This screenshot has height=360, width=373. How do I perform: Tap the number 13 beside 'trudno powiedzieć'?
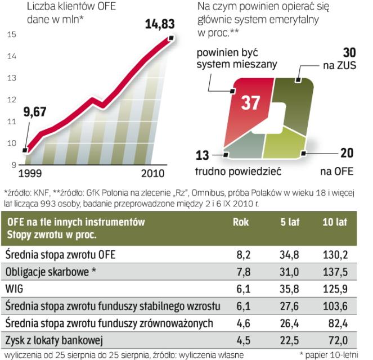click(204, 155)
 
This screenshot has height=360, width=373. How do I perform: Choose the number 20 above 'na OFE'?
click(347, 152)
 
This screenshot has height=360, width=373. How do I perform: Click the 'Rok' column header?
click(241, 222)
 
